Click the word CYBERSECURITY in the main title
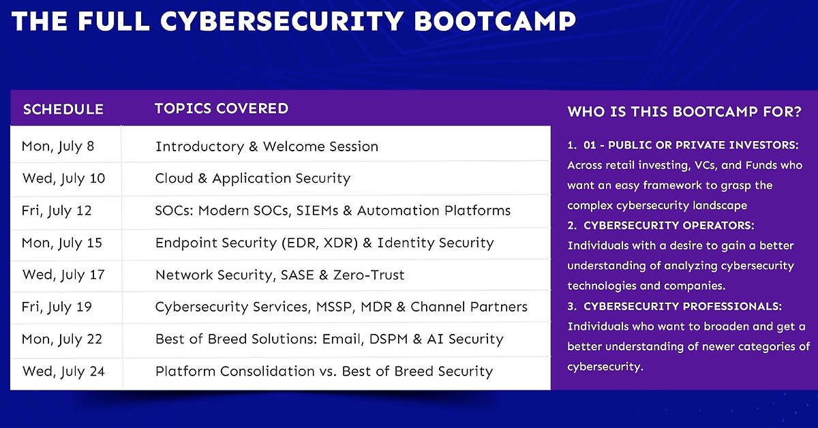pyautogui.click(x=282, y=21)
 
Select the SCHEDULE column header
pyautogui.click(x=63, y=110)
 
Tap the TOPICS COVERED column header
pyautogui.click(x=222, y=108)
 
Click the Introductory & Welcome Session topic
pyautogui.click(x=267, y=147)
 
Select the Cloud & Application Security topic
pyautogui.click(x=253, y=179)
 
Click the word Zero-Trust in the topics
pyautogui.click(x=369, y=275)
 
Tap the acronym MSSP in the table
pyautogui.click(x=335, y=307)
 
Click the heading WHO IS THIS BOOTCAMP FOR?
pyautogui.click(x=684, y=112)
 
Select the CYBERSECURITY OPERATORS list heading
pyautogui.click(x=669, y=226)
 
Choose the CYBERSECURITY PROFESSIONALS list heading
pyautogui.click(x=682, y=307)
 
